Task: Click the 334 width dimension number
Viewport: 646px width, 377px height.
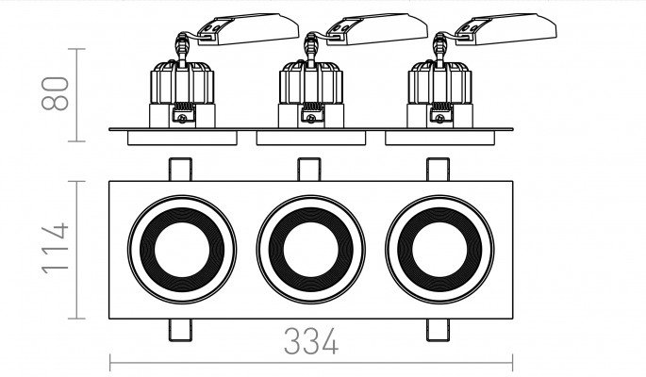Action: [x=311, y=341]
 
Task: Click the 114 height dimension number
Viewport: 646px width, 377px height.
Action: [x=55, y=249]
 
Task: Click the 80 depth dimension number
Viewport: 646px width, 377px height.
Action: [x=55, y=93]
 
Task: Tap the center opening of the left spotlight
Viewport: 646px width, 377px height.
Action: [x=182, y=250]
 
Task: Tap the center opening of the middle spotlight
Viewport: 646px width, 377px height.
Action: [x=311, y=250]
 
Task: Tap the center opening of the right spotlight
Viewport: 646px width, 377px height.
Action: [x=439, y=250]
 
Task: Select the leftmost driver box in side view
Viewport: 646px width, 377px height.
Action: [x=248, y=29]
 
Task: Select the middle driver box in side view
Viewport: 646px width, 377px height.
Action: [x=377, y=29]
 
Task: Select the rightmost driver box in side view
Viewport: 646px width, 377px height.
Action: [x=505, y=29]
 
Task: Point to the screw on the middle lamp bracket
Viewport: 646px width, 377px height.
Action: [x=311, y=118]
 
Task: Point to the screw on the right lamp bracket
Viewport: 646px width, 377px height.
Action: [x=440, y=118]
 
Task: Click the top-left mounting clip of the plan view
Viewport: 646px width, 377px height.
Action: [x=180, y=169]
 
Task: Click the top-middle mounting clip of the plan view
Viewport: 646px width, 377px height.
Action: [x=309, y=169]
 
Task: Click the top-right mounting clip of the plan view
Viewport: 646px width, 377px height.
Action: [x=438, y=169]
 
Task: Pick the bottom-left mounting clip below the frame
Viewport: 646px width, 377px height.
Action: [x=180, y=330]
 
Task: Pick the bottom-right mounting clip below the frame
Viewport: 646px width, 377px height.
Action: [x=438, y=330]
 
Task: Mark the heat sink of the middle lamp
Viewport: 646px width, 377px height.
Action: [x=311, y=82]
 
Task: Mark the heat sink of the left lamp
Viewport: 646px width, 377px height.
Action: [x=182, y=82]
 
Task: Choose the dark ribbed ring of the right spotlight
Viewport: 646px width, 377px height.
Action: [x=439, y=216]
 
